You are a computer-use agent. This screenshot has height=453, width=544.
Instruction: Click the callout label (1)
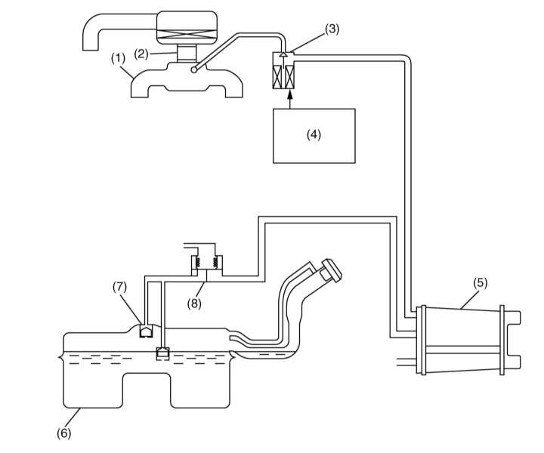118,58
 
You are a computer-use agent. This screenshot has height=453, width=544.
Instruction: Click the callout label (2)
141,54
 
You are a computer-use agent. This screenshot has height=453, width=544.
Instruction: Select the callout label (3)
332,29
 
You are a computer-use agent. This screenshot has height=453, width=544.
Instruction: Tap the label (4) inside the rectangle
314,134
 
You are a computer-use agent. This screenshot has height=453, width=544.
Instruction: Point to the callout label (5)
481,283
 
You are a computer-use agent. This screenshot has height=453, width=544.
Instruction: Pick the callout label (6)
63,433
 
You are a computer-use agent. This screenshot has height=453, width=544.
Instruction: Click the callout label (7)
119,288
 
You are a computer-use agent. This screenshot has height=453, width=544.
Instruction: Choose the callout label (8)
194,304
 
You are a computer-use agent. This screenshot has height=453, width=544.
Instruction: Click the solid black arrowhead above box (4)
290,93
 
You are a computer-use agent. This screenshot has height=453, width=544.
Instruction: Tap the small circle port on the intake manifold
194,69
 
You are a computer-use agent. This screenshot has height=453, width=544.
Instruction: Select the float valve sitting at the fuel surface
162,353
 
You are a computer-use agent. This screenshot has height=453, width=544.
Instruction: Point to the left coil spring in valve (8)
198,262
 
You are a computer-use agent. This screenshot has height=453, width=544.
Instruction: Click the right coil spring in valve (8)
215,262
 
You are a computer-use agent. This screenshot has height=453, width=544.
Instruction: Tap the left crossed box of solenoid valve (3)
277,76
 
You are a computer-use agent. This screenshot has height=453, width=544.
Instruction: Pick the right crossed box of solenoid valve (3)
289,76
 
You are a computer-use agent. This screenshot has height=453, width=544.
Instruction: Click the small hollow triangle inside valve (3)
283,54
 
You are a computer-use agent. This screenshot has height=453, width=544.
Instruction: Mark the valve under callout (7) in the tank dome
146,331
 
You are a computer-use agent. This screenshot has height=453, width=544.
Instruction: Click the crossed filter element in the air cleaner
187,33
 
